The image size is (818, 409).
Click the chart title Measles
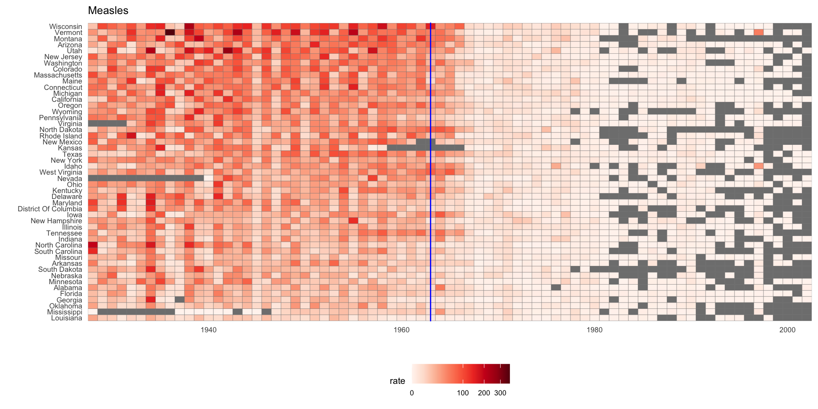tap(108, 11)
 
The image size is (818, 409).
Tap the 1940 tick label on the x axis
tap(208, 330)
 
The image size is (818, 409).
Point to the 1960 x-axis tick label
tap(401, 330)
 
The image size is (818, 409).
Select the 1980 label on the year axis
tap(594, 330)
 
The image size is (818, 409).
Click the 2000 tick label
tap(787, 330)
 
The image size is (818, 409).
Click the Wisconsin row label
tap(65, 27)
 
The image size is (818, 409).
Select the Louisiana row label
tap(66, 318)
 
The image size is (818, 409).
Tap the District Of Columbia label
tap(50, 209)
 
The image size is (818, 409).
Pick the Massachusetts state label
tap(58, 75)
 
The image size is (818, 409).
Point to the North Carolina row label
tap(59, 245)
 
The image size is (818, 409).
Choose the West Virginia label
tap(60, 173)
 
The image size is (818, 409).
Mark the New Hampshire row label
tap(56, 221)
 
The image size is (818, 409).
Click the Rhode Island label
tap(60, 136)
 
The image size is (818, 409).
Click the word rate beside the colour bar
tap(397, 381)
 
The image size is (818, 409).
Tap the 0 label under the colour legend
tap(412, 393)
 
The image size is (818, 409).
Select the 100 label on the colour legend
tap(463, 393)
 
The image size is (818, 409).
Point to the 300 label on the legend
tap(500, 393)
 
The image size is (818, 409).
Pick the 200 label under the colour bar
tap(484, 393)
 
